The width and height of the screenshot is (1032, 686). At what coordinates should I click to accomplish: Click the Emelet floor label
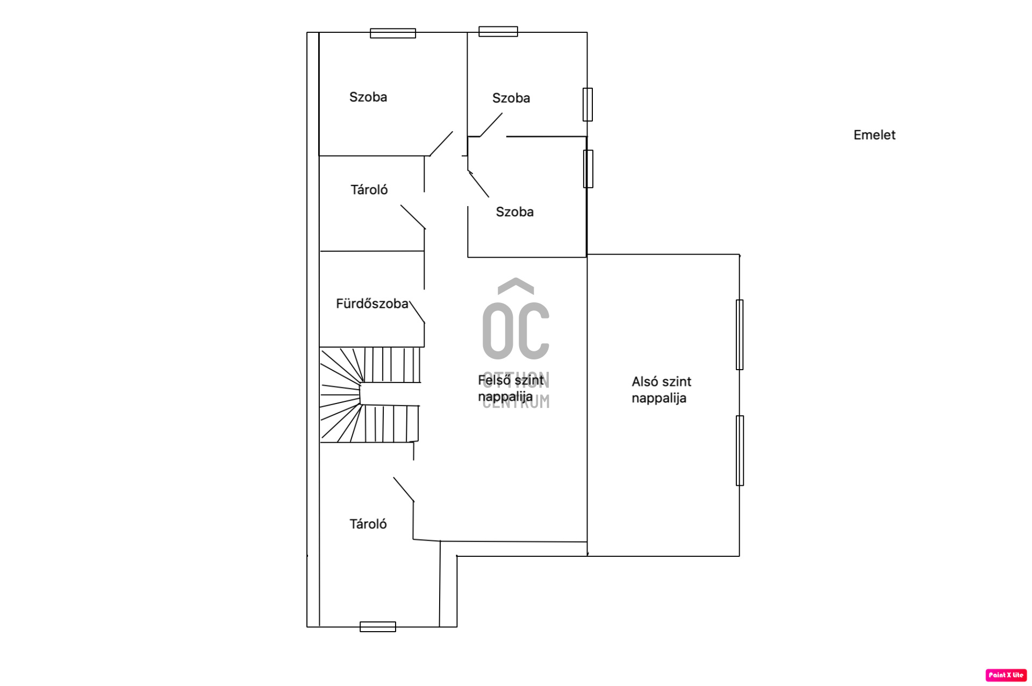(x=874, y=135)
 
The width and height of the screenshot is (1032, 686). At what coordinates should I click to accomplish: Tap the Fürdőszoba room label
(x=372, y=303)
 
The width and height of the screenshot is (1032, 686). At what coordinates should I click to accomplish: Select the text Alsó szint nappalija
(x=661, y=390)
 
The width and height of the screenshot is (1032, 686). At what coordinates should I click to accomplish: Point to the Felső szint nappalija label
(x=511, y=388)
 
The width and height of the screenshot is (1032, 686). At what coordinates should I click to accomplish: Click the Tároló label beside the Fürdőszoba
(x=369, y=189)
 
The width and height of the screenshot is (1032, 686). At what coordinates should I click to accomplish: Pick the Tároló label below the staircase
(x=368, y=524)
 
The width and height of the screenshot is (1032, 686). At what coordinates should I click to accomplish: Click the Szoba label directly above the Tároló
(x=368, y=97)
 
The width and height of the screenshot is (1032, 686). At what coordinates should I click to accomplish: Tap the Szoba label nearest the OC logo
(x=514, y=212)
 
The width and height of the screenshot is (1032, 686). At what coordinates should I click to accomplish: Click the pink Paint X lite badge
(x=1006, y=675)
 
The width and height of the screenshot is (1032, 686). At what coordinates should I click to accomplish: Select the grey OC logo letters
(x=516, y=331)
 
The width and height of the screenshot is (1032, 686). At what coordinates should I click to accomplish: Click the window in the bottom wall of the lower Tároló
(x=378, y=626)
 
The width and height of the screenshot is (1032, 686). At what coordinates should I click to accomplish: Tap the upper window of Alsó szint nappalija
(x=740, y=335)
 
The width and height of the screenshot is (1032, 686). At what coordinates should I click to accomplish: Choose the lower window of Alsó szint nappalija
(x=740, y=450)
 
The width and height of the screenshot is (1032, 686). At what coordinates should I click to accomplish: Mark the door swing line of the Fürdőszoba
(x=417, y=312)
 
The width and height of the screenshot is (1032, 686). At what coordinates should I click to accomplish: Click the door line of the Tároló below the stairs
(x=404, y=490)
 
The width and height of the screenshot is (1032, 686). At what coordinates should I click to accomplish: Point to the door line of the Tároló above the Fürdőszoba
(x=413, y=217)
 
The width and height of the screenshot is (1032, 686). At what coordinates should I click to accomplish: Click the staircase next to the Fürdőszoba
(x=370, y=395)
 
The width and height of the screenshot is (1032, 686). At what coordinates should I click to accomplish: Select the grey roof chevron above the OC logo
(x=516, y=286)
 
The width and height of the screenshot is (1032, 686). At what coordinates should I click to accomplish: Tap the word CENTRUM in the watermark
(x=516, y=402)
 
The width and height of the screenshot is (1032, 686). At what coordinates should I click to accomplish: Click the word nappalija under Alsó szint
(x=659, y=398)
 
